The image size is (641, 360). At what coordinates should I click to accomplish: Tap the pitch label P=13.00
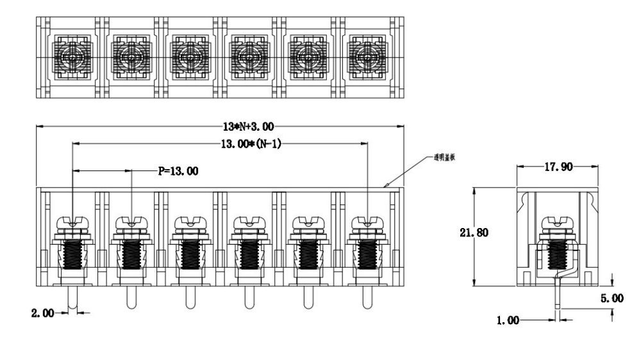pyautogui.click(x=178, y=171)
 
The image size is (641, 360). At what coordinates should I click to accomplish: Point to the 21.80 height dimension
pyautogui.click(x=474, y=233)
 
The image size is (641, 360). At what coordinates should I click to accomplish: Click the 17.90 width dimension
pyautogui.click(x=558, y=167)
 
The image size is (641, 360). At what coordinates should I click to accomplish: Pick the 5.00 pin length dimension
pyautogui.click(x=613, y=299)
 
